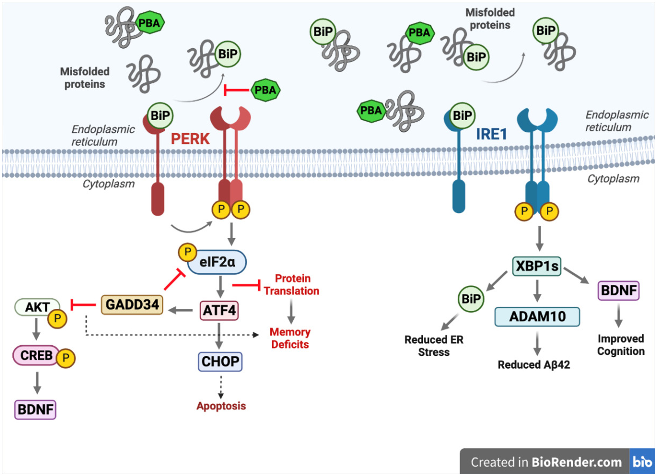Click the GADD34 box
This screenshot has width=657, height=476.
[x=132, y=305]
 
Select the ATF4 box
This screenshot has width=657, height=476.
[x=219, y=310]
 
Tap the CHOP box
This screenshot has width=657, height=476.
[x=220, y=361]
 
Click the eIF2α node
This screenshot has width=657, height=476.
[x=217, y=262]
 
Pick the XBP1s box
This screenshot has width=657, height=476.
[x=537, y=266]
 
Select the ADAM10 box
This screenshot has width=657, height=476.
[x=537, y=316]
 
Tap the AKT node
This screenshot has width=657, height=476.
[x=37, y=307]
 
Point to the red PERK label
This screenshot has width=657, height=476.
[x=190, y=139]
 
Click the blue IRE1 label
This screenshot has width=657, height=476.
[x=491, y=134]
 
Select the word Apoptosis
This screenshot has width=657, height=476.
[x=221, y=406]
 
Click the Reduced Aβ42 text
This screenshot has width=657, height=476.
[x=534, y=365]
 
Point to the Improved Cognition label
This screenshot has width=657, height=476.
[x=621, y=345]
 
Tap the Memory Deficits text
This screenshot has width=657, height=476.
[x=290, y=338]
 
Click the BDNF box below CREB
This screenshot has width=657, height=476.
[x=35, y=409]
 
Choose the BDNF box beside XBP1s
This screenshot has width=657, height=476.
[x=619, y=291]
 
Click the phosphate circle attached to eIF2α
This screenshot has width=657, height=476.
[x=188, y=252]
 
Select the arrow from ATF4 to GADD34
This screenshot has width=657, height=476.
[x=181, y=310]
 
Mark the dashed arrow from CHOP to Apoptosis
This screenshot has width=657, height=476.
[x=221, y=387]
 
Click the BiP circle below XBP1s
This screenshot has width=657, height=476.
[x=471, y=299]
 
